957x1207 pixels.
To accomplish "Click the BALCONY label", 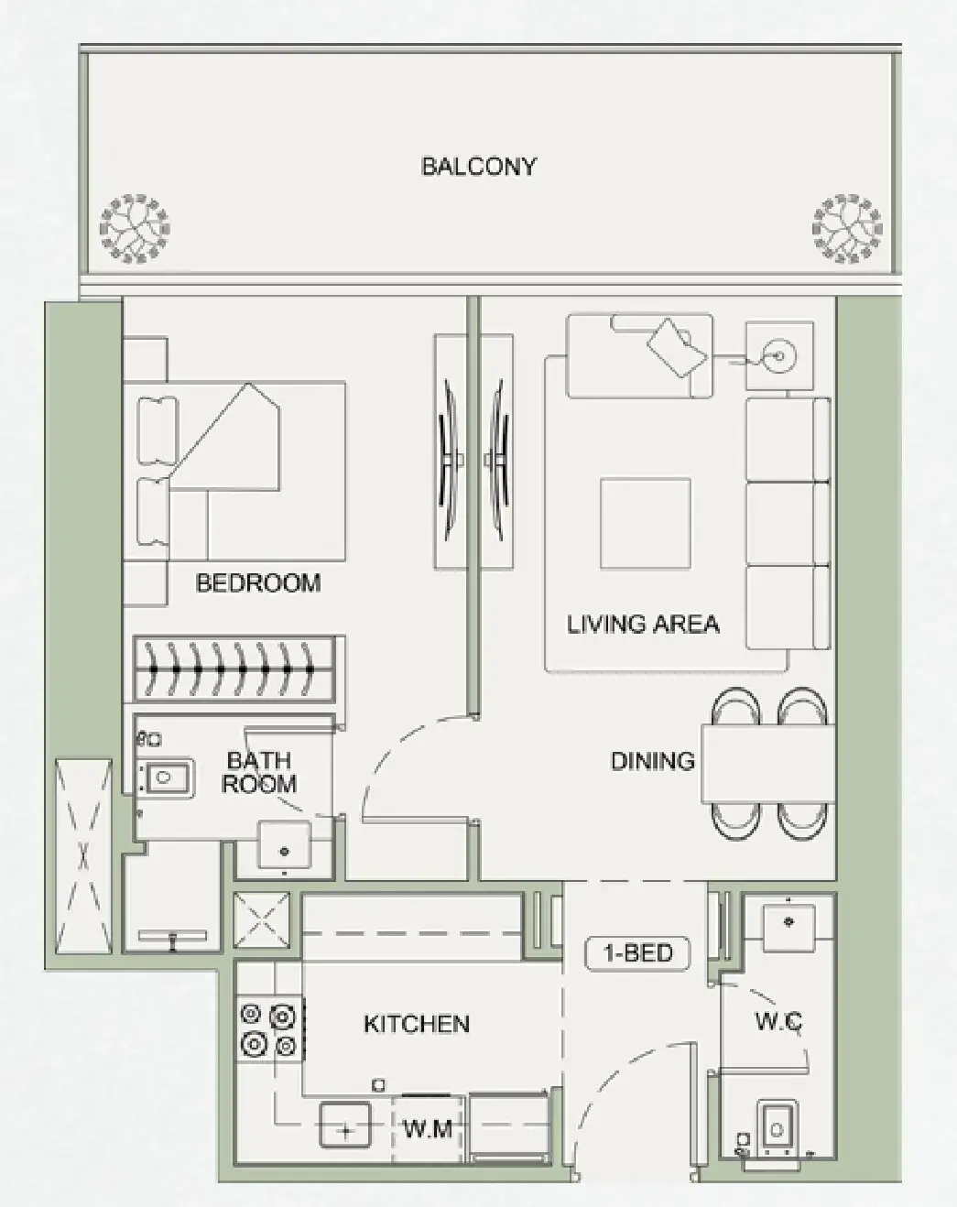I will (478, 167).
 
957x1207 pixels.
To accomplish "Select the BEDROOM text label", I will (258, 583).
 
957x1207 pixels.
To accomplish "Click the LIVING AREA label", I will (643, 625).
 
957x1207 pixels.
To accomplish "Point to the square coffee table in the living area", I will (645, 523).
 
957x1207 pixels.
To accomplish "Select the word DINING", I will (652, 761).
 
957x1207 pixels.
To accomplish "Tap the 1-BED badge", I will (638, 953).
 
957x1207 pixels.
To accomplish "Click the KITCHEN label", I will (417, 1024).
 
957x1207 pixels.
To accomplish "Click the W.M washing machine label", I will (428, 1129).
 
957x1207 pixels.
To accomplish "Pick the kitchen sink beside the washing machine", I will (345, 1125).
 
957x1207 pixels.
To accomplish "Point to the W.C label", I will (778, 1021).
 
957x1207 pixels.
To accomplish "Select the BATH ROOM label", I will (259, 772).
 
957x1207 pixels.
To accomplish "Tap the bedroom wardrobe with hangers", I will (238, 669).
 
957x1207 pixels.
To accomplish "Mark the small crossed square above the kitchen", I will (262, 919).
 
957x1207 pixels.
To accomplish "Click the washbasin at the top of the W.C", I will (788, 920).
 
